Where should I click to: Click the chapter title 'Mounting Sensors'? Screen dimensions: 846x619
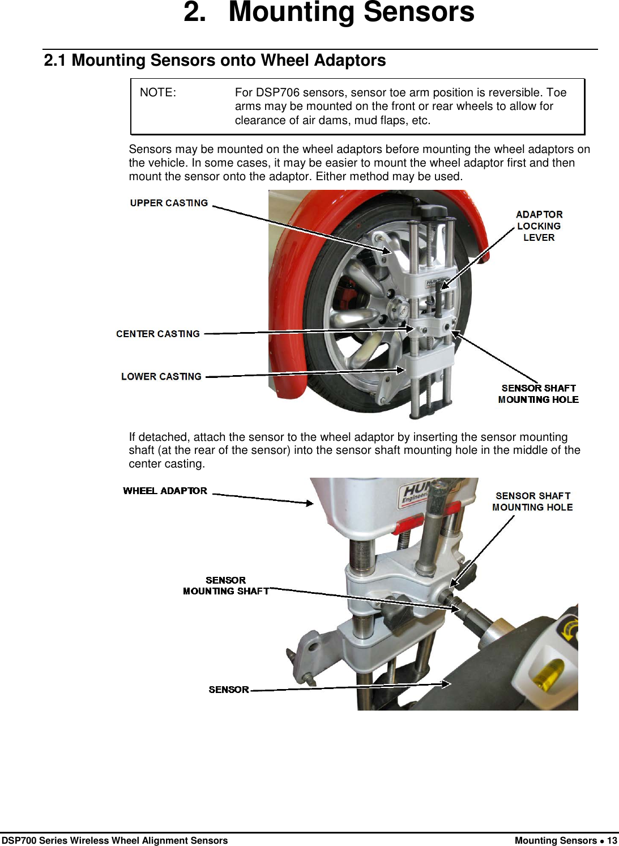pos(351,12)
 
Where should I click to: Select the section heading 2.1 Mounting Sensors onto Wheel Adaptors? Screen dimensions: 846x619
pos(215,60)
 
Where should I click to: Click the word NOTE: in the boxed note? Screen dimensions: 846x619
pos(158,93)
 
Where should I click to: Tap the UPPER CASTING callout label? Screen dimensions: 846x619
pos(169,203)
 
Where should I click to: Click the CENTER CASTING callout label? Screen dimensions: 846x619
pos(158,334)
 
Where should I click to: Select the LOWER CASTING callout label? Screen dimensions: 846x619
pos(161,376)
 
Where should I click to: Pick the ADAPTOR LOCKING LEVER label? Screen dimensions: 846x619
pos(539,226)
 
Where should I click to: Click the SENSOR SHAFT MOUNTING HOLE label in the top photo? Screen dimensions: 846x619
pos(538,394)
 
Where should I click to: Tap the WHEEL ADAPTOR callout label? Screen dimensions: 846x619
pos(165,491)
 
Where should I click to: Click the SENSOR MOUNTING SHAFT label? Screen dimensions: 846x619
pos(225,585)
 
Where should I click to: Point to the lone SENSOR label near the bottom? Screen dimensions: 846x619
pos(229,690)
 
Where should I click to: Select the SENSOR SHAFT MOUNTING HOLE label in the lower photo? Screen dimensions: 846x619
pos(532,501)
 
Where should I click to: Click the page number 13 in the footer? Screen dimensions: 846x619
pos(612,840)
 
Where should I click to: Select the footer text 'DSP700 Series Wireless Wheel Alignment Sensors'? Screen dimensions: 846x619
pos(114,840)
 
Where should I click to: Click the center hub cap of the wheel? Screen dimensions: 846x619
pos(399,309)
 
